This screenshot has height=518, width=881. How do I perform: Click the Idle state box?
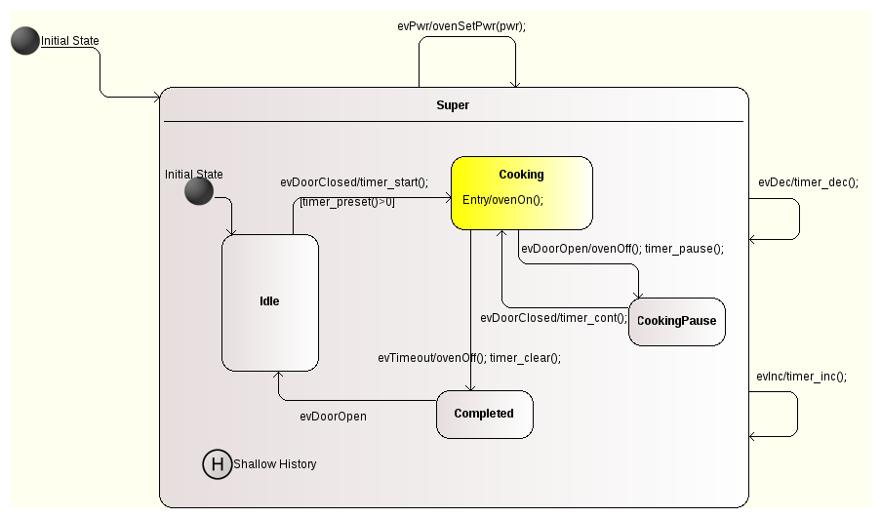coord(269,302)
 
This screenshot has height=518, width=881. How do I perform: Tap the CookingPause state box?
coord(676,321)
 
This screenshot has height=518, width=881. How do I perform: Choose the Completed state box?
coord(484,414)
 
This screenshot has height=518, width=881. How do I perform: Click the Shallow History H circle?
coord(217,464)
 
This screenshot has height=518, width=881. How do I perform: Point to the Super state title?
coord(453,105)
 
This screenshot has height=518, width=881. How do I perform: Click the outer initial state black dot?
coord(26,41)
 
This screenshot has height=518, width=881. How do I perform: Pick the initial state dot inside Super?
coord(199,191)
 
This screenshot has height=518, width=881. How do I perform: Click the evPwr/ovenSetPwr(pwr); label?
coord(461,26)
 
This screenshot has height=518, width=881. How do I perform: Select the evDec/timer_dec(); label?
coord(808,182)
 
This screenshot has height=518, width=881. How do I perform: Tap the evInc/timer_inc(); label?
coord(801,377)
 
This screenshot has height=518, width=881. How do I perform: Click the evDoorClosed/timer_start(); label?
coord(354,181)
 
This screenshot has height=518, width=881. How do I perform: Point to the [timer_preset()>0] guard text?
coord(347,202)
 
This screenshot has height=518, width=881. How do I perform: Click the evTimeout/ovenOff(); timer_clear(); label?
coord(468,357)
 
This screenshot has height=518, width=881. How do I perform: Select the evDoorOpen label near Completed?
coord(333,417)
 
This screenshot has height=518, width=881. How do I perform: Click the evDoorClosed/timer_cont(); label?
coord(553,318)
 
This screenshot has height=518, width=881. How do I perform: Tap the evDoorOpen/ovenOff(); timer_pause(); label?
coord(621,249)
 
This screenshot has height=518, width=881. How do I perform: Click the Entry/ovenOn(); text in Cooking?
coord(502,200)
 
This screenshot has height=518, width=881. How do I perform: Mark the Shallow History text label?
coord(275,464)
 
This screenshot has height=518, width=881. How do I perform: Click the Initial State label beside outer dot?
coord(70,41)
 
